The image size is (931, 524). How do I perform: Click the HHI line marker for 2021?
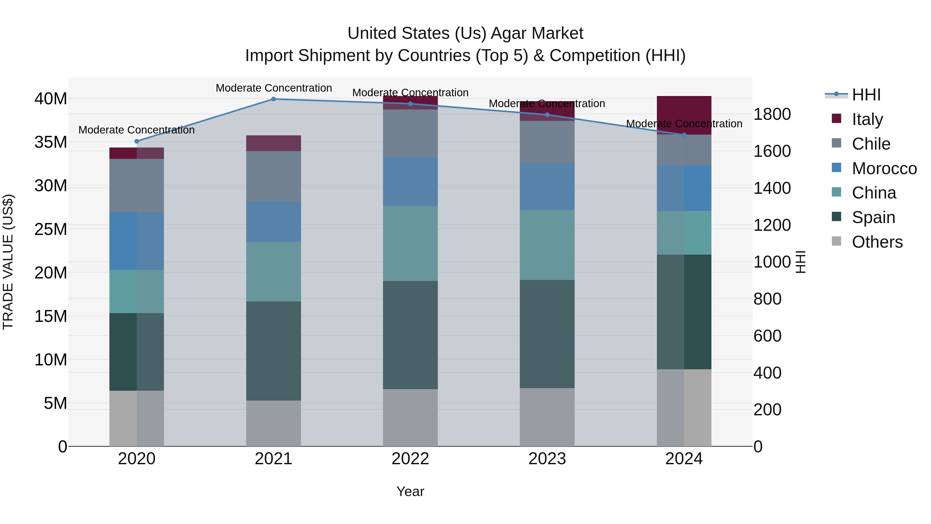[273, 99]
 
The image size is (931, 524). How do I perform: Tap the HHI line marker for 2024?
[684, 135]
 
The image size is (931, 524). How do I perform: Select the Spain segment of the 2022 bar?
[410, 335]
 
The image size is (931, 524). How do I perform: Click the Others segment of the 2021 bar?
[273, 423]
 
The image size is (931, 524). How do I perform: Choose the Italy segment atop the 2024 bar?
[684, 115]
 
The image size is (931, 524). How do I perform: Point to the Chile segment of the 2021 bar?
[273, 176]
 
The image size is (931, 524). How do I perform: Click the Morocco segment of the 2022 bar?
[410, 182]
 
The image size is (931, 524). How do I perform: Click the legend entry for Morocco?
[884, 168]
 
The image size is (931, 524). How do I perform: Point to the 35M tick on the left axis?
[51, 142]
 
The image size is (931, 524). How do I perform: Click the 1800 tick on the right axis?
[772, 114]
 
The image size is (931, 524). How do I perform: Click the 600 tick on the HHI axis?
[767, 336]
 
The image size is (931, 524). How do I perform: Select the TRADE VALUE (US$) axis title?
[8, 262]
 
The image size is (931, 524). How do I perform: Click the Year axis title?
[410, 491]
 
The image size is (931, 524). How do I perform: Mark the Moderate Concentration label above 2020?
[136, 130]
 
